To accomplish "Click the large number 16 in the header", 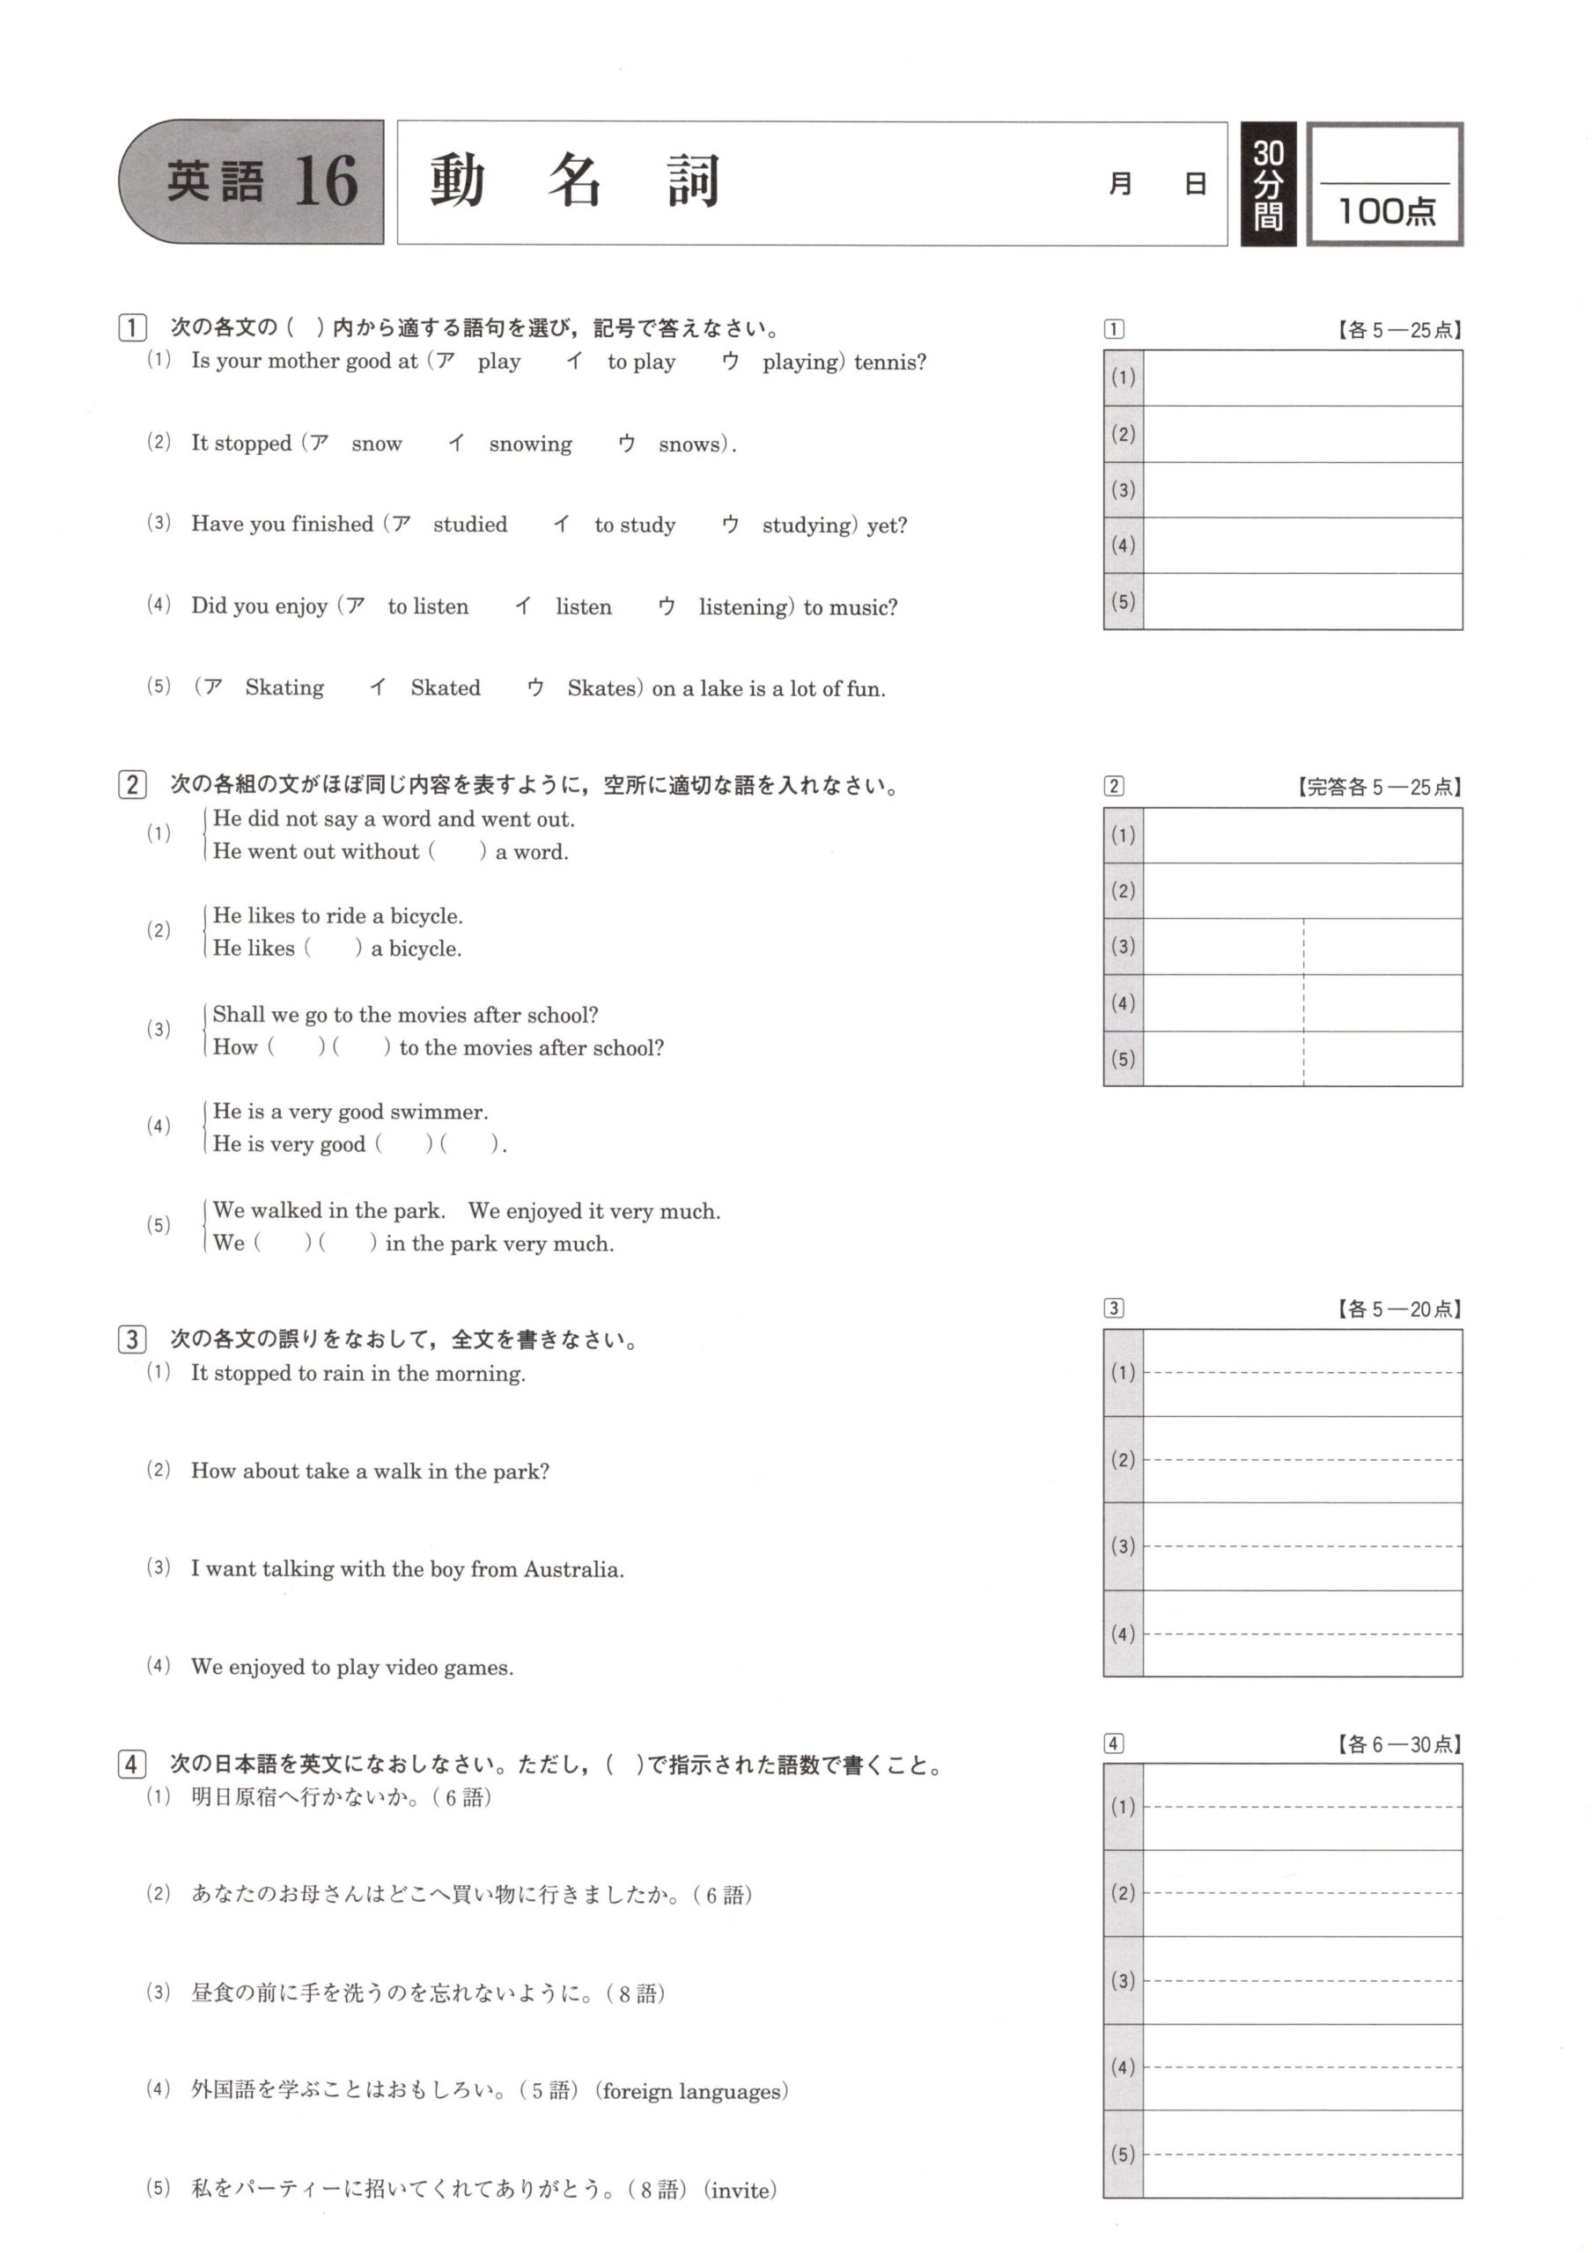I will [x=326, y=181].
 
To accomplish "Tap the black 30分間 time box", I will [x=1268, y=184].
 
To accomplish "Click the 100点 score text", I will [x=1386, y=211].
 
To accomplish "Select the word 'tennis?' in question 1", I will [x=889, y=362].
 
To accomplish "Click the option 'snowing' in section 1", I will [x=530, y=444].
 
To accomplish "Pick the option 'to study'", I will [x=634, y=525].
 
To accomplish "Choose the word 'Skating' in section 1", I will [x=284, y=688].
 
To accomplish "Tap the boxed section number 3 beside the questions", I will [x=131, y=1339].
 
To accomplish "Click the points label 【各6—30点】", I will [x=1397, y=1743].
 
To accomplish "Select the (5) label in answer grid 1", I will [x=1123, y=600].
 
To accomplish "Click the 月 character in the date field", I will [x=1120, y=185].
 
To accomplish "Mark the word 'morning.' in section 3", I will [x=480, y=1374].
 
